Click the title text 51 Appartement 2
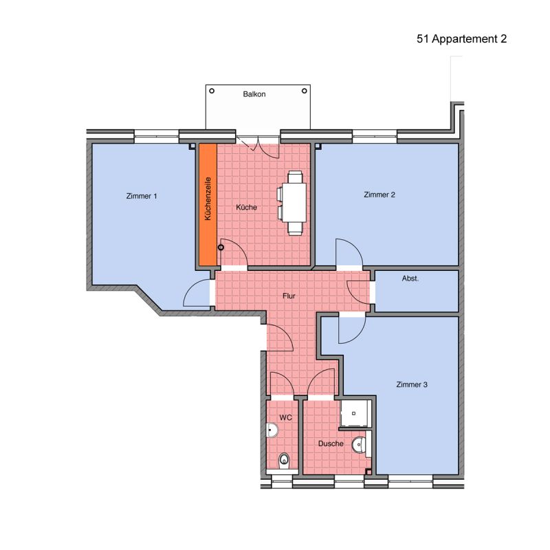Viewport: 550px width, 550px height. pyautogui.click(x=461, y=39)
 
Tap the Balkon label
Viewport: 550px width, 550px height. pyautogui.click(x=254, y=94)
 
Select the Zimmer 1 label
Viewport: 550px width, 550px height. pyautogui.click(x=142, y=196)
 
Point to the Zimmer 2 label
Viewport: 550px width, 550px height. pyautogui.click(x=379, y=195)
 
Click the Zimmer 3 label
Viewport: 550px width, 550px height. pyautogui.click(x=412, y=384)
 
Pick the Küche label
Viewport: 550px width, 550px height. pyautogui.click(x=247, y=208)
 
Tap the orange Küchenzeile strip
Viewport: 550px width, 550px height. pyautogui.click(x=208, y=204)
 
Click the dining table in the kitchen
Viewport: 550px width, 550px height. pyautogui.click(x=295, y=202)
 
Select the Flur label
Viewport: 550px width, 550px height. pyautogui.click(x=289, y=296)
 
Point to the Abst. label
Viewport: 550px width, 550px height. pyautogui.click(x=410, y=278)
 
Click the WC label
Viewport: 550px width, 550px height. pyautogui.click(x=285, y=417)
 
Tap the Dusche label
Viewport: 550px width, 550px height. pyautogui.click(x=331, y=443)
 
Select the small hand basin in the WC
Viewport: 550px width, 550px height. pyautogui.click(x=272, y=430)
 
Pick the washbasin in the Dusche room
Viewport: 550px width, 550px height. pyautogui.click(x=359, y=445)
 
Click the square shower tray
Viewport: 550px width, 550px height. pyautogui.click(x=355, y=414)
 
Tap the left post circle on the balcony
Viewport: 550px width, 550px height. pyautogui.click(x=212, y=91)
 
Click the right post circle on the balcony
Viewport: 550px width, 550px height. pyautogui.click(x=305, y=91)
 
